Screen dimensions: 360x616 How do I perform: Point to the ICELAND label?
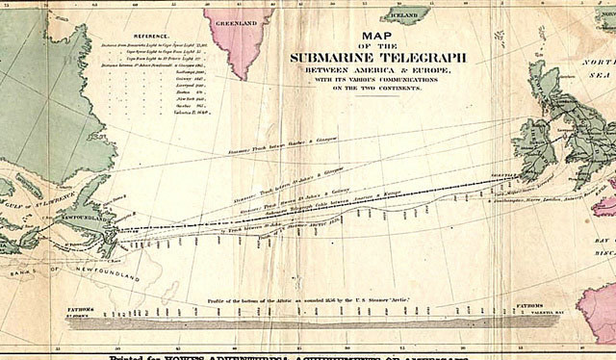(404, 16)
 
